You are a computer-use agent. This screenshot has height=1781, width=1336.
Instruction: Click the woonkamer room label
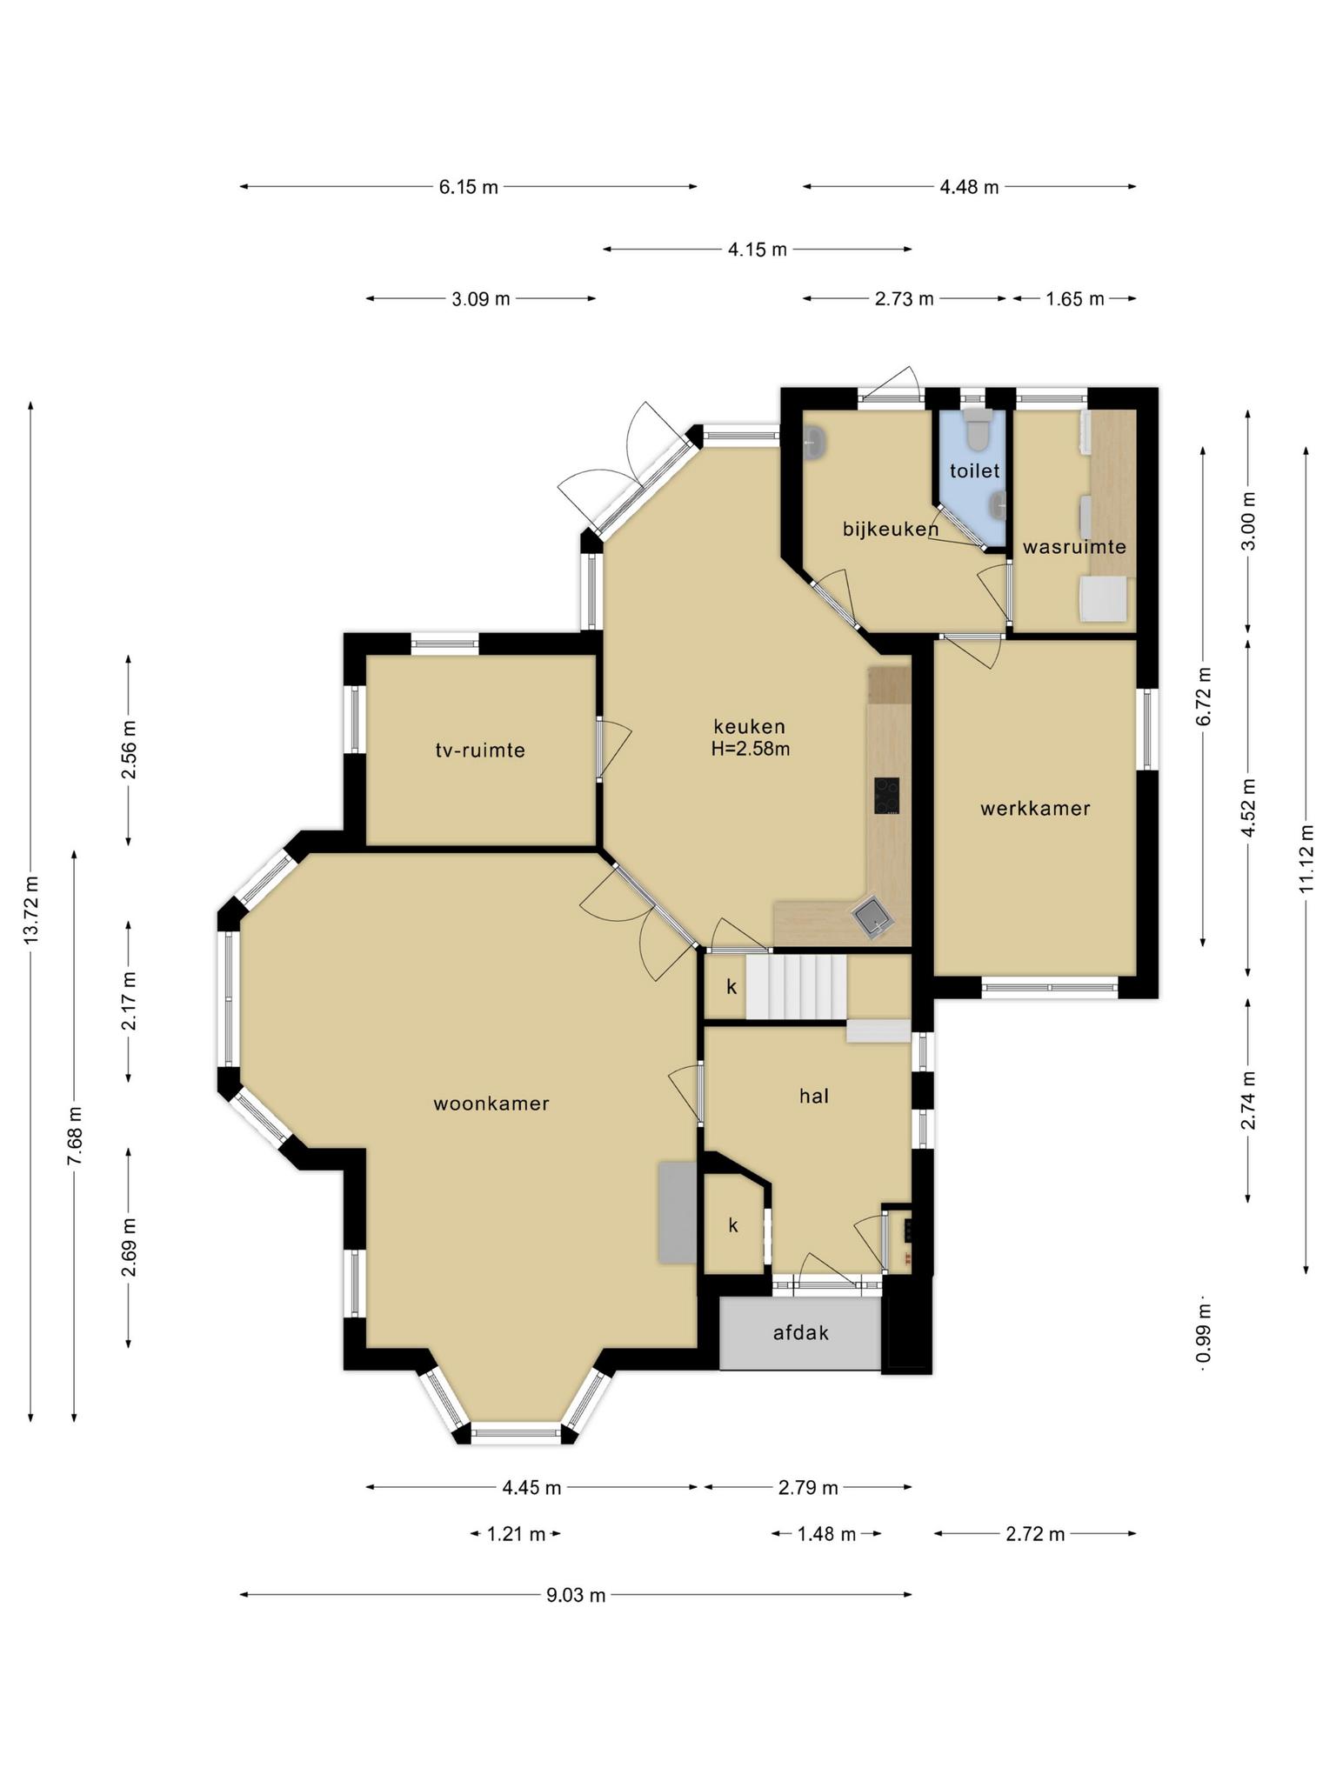click(x=491, y=1104)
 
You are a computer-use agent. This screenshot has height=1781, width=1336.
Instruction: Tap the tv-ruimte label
click(x=480, y=750)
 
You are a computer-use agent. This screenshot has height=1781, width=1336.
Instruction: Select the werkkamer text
click(x=1035, y=808)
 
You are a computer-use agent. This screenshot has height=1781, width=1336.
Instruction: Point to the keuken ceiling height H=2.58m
click(x=750, y=748)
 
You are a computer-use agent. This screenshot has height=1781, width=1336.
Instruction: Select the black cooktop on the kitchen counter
click(x=887, y=796)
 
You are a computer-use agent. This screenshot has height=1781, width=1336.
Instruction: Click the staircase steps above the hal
click(x=796, y=987)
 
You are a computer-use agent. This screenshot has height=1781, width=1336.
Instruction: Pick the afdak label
click(x=801, y=1331)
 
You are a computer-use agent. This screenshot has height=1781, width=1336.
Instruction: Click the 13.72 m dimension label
click(x=31, y=910)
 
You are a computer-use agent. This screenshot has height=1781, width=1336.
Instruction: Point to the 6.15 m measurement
click(x=469, y=186)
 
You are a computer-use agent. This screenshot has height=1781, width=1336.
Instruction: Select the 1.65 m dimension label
click(x=1075, y=298)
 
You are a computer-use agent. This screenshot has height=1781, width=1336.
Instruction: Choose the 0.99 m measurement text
click(x=1203, y=1334)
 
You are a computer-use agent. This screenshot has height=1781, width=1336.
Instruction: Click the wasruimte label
click(x=1074, y=547)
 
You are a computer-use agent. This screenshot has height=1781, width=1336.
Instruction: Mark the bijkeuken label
click(x=891, y=528)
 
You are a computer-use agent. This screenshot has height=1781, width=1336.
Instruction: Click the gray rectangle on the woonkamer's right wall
click(x=677, y=1211)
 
